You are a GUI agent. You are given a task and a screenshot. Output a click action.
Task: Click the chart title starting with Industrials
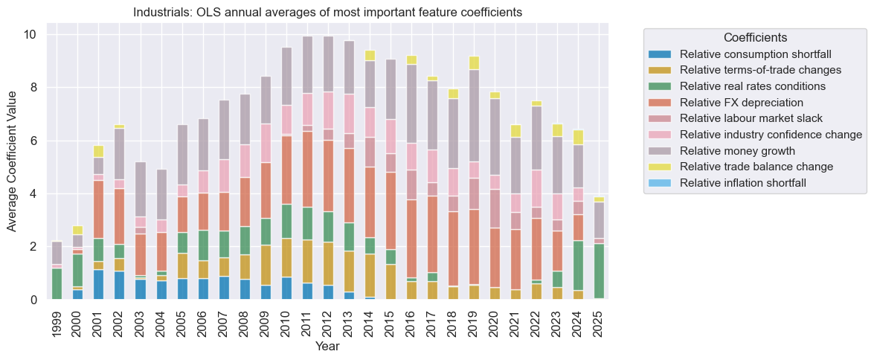tap(327, 13)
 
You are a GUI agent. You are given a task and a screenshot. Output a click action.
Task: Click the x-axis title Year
tap(327, 347)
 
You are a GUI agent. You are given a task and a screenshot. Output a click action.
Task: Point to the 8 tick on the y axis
tap(33, 88)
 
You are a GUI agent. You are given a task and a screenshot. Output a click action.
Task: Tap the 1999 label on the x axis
tap(57, 321)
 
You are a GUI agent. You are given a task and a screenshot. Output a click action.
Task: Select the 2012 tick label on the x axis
tap(328, 321)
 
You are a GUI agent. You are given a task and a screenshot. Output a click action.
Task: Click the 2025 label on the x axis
tap(599, 321)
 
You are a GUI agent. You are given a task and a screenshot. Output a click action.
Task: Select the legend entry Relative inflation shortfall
tap(742, 184)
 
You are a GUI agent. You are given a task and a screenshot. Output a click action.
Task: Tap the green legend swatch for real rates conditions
tap(659, 86)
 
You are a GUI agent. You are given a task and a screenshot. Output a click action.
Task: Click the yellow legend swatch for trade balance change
tap(659, 167)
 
